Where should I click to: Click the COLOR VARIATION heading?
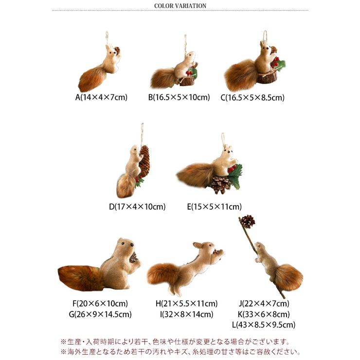pos(180,6)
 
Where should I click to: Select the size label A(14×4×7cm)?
pos(101,97)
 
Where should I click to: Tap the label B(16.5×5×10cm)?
pos(179,97)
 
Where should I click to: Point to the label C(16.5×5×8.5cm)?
pos(252,98)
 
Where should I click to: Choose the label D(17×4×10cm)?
pos(137,207)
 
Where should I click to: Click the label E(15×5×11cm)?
pos(214,207)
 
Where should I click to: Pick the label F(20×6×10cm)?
pos(100,304)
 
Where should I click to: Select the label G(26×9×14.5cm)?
pos(100,314)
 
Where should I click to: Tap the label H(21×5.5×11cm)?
pos(186,304)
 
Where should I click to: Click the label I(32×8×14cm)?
pos(186,314)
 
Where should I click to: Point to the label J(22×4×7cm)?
pos(264,304)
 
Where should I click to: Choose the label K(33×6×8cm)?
pos(264,314)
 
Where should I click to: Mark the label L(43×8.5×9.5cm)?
pos(264,324)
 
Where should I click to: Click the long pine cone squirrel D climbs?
pos(144,161)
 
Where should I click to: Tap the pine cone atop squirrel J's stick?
pos(248,221)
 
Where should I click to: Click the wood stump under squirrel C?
pos(267,77)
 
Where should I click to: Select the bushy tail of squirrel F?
pos(80,278)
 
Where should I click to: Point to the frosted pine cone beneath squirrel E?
pos(220,184)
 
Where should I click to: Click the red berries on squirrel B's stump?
pos(189,73)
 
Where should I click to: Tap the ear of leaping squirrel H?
pos(197,246)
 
